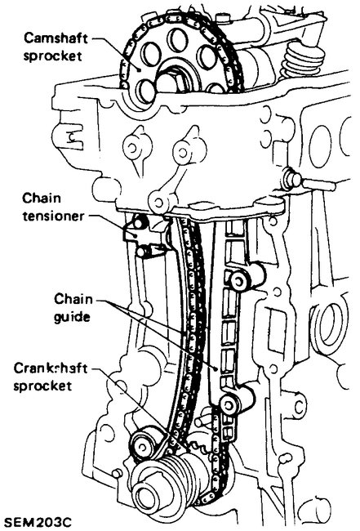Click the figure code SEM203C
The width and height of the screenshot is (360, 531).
coord(37,519)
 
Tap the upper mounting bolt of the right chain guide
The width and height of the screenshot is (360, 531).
coord(238,281)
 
